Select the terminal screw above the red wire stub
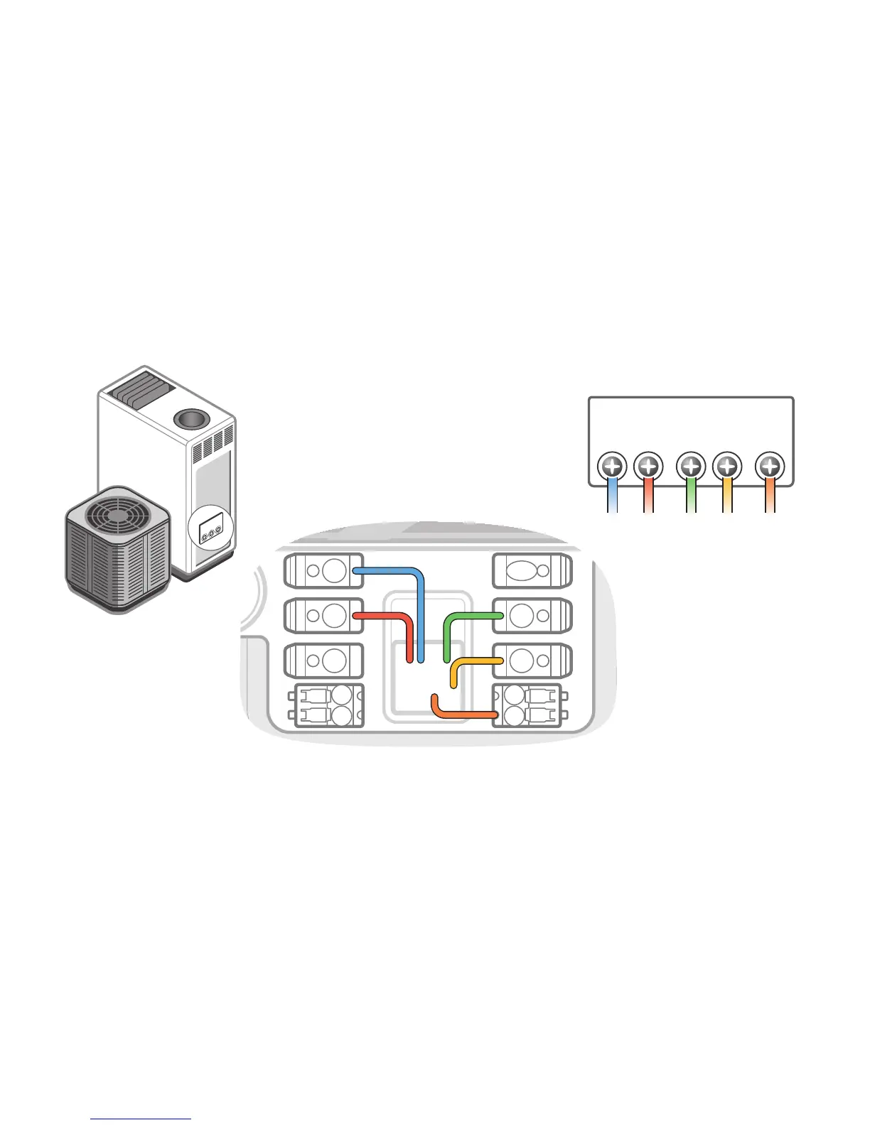click(648, 467)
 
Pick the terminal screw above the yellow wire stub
click(727, 467)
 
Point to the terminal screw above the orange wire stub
click(770, 467)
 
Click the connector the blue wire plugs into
click(323, 570)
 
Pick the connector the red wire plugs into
click(323, 615)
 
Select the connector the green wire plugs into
click(532, 615)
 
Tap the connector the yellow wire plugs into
click(532, 661)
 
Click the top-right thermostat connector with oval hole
click(532, 570)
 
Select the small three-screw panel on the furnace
click(211, 530)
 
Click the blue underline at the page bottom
click(141, 1119)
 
